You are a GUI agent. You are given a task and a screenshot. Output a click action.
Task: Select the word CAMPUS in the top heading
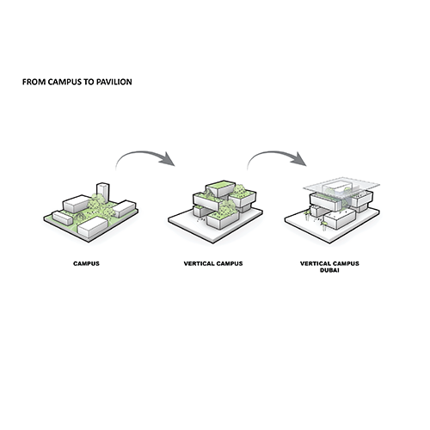64,82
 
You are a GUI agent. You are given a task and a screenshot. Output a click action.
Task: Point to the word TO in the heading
89,82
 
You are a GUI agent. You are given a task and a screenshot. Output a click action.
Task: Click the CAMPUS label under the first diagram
86,263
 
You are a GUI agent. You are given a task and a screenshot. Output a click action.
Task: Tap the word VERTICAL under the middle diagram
199,263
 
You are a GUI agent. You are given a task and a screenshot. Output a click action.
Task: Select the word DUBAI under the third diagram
329,270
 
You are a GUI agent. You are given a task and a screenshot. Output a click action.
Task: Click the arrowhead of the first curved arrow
167,159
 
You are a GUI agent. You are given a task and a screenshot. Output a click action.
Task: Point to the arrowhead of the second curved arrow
298,159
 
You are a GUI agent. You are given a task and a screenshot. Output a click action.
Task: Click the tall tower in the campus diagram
103,192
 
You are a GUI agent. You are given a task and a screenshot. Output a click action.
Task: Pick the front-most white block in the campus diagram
93,227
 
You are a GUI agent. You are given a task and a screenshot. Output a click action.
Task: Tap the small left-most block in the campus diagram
62,218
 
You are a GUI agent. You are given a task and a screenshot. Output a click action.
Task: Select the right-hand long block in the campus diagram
125,209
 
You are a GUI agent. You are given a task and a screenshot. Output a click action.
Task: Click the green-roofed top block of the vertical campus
220,187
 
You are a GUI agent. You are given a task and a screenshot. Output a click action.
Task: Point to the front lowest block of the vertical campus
223,221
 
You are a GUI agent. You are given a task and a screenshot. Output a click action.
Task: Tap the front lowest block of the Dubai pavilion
341,219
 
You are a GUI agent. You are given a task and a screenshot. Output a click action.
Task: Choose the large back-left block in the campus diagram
77,204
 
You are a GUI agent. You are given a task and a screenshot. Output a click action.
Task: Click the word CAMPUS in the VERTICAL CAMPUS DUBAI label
345,263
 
